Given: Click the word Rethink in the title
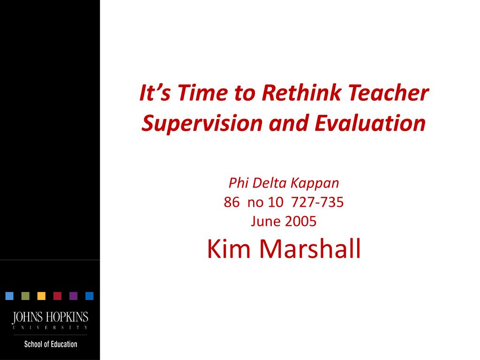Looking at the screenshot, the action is point(301,92).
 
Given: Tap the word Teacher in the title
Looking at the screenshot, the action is point(388,92).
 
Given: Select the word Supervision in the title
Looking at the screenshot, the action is point(202,123).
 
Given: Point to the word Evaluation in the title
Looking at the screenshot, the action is point(370,123).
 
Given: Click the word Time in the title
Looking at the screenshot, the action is point(202,92).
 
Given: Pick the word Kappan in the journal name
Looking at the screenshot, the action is point(315,183).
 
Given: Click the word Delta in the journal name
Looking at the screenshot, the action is point(270,183).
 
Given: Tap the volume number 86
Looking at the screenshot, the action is point(232,202).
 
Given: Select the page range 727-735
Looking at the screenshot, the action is point(317,202).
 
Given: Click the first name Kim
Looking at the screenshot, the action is point(229,249).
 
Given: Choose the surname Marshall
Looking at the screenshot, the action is point(310,249).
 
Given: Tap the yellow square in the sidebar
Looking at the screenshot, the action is point(41,296).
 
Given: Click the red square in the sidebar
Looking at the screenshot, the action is point(57,296).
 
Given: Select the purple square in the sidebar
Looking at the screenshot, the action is point(74,296).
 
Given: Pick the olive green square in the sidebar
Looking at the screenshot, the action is point(25,296).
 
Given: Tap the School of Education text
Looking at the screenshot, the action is point(51,344).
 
